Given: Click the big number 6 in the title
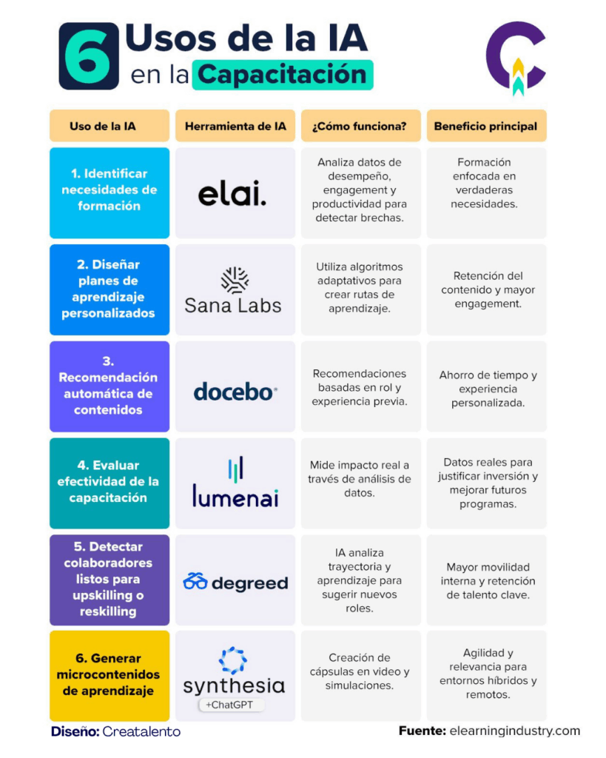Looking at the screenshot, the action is [x=89, y=56].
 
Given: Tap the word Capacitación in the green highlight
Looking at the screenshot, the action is [x=282, y=75].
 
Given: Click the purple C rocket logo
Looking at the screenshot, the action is [x=516, y=57].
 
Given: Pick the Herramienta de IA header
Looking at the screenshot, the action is [x=235, y=126].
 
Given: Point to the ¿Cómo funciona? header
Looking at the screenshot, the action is [x=361, y=126].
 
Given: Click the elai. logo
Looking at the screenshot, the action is [x=232, y=194].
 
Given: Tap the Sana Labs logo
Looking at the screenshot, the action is [x=233, y=291].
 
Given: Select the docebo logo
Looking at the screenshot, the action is [x=235, y=392].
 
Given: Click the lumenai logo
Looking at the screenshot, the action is [x=235, y=483].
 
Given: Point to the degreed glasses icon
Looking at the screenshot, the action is [x=195, y=582].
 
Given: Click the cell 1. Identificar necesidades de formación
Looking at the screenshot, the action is [x=110, y=193].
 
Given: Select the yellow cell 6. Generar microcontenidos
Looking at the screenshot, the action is [x=110, y=676].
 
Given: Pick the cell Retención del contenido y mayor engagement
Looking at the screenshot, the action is [x=487, y=289].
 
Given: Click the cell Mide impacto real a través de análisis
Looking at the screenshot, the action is [x=361, y=483].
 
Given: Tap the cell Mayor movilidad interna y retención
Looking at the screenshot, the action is [x=487, y=580].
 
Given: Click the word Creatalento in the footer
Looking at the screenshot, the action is [x=141, y=731].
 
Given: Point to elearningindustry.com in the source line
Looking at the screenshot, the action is [x=515, y=731].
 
